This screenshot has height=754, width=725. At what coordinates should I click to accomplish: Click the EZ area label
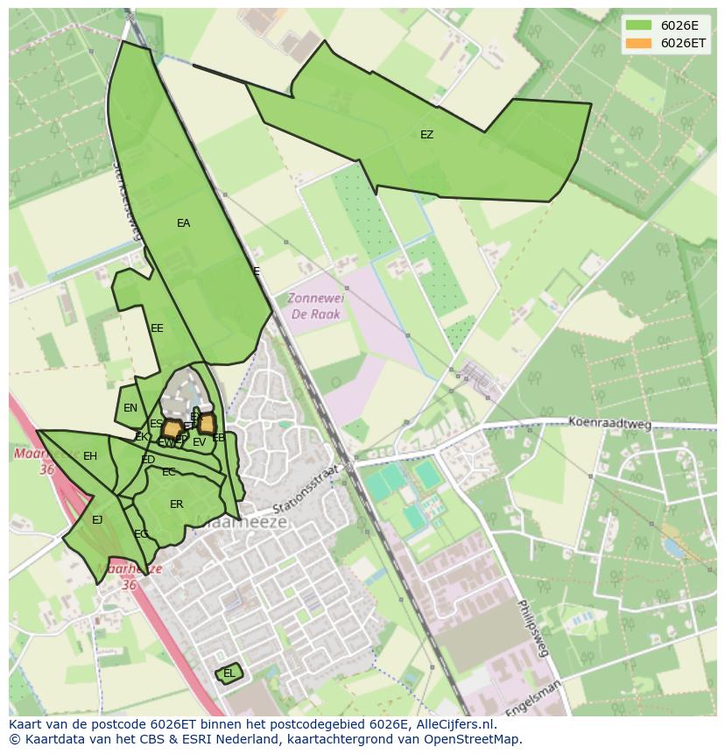[x=426, y=135]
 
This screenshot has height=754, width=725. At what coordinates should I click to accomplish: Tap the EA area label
[x=183, y=223]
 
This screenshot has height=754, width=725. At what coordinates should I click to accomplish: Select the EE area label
[x=157, y=328]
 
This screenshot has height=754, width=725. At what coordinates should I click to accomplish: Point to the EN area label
[x=130, y=408]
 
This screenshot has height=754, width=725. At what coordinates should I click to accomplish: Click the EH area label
[x=90, y=456]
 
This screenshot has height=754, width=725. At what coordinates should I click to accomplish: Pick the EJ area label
[x=97, y=520]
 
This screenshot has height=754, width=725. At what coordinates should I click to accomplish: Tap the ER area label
[x=177, y=504]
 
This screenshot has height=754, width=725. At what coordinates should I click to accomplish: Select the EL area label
[x=229, y=673]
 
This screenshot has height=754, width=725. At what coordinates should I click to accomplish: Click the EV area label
[x=200, y=442]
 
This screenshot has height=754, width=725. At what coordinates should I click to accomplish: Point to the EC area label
[x=169, y=472]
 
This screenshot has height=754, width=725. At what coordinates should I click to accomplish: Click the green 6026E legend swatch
[x=638, y=25]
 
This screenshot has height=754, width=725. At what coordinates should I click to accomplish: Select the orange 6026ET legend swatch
[x=638, y=43]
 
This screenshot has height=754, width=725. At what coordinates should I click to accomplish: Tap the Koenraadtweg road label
[x=610, y=424]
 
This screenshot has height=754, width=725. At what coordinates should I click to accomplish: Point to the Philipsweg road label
[x=531, y=627]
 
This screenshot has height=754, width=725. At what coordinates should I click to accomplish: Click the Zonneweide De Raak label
[x=316, y=306]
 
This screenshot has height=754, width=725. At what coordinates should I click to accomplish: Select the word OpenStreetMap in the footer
[x=474, y=739]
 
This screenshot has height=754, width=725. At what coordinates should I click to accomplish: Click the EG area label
[x=141, y=534]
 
